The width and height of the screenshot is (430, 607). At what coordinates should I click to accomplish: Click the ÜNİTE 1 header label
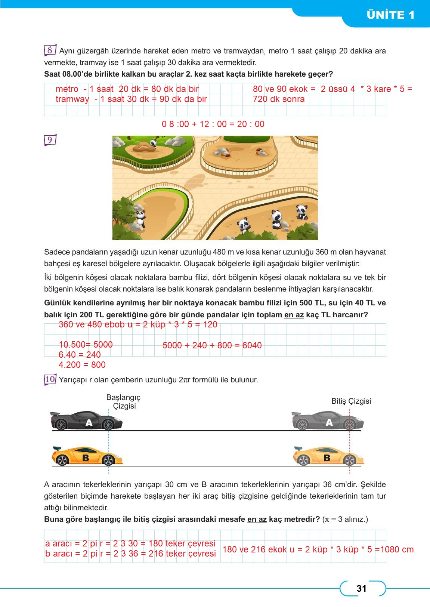point(390,15)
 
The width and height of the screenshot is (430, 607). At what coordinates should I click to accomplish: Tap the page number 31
point(361,589)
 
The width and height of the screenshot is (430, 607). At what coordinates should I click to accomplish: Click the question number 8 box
point(50,50)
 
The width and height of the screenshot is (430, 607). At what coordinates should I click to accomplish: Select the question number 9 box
point(50,140)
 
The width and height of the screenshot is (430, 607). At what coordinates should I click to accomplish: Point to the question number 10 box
point(50,379)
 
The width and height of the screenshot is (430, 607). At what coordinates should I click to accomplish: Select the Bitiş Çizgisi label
point(351,401)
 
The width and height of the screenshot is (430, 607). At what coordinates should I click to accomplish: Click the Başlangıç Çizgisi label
point(124,401)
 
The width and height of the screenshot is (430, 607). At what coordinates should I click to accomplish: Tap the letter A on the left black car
point(89,423)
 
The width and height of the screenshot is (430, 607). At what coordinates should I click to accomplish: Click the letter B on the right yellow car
point(327,457)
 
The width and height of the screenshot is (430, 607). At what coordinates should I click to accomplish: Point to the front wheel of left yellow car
point(108,460)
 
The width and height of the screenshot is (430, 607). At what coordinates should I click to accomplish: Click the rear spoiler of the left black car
point(55,414)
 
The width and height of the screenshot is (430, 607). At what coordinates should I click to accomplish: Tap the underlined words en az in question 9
point(294,315)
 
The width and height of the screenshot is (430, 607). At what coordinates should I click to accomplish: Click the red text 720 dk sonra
point(278,99)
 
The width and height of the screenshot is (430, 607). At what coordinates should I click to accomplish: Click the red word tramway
point(72,99)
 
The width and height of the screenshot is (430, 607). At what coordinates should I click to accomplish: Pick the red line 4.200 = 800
point(82,365)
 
